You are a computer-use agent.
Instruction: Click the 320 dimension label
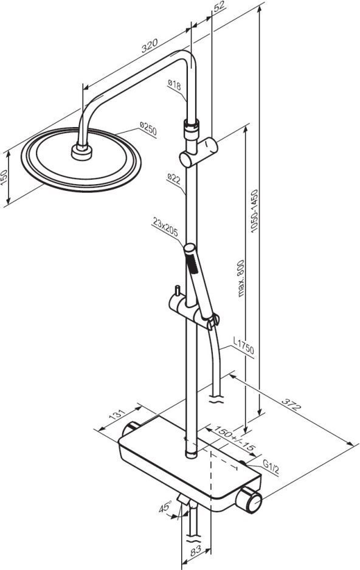[x=150, y=46]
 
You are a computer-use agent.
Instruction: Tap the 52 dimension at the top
[x=219, y=7]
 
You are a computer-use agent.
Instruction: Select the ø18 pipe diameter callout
[x=174, y=85]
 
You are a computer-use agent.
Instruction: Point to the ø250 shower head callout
[x=148, y=128]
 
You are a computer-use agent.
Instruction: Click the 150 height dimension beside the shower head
[x=4, y=177]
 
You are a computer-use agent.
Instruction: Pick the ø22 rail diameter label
[x=174, y=179]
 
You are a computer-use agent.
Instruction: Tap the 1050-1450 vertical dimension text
[x=254, y=210]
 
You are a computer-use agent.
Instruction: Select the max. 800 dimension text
[x=241, y=278]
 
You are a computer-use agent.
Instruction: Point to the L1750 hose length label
[x=244, y=346]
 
